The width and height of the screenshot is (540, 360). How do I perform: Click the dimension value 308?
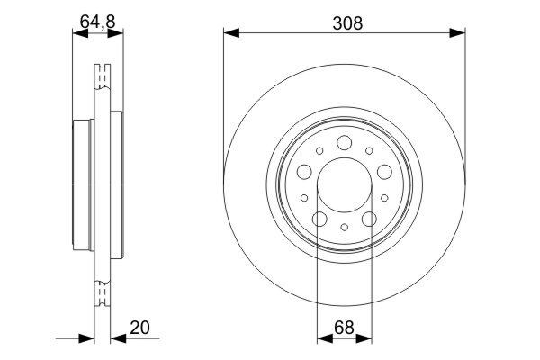point(345,24)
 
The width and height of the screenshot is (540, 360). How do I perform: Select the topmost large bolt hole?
point(345,140)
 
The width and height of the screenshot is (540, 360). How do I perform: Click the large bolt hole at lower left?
point(319,219)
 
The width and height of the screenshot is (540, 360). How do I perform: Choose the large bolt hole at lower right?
point(369,219)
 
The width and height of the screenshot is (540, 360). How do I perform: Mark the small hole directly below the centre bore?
point(345,229)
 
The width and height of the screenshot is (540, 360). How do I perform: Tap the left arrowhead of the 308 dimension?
point(230,34)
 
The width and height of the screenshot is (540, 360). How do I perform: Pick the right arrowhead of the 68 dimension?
point(366,339)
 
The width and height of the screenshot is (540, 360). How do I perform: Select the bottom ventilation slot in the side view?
point(101,292)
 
